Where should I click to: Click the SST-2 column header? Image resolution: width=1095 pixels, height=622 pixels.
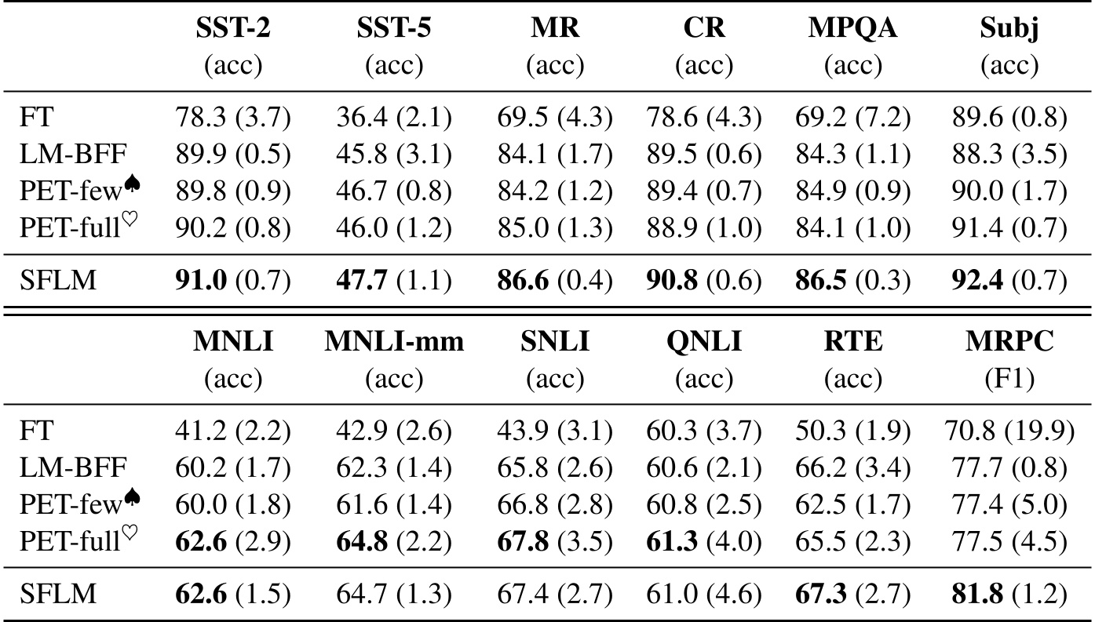coord(233,30)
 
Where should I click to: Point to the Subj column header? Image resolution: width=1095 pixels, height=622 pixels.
coord(1009,30)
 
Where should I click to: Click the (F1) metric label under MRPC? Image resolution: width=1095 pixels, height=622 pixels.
coord(1008,380)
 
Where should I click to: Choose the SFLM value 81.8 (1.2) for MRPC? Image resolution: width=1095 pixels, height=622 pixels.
coord(1008,594)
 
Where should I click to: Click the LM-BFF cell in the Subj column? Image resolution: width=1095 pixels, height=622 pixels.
coord(1009,154)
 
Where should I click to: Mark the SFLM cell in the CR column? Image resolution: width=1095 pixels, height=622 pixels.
coord(703,278)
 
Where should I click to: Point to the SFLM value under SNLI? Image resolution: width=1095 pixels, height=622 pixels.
coord(554,594)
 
